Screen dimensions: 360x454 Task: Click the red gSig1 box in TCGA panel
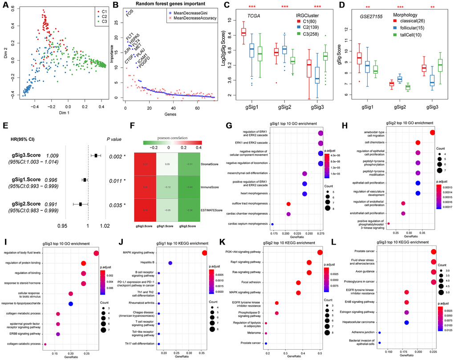(x=243, y=32)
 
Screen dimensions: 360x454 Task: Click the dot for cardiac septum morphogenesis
(x=272, y=224)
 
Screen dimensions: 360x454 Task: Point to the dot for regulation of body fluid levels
(x=96, y=254)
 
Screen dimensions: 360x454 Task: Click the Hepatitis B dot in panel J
(x=170, y=264)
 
